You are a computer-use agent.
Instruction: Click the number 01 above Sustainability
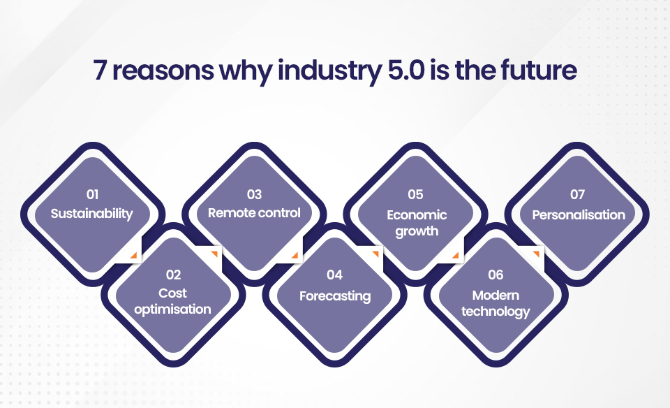pyautogui.click(x=92, y=195)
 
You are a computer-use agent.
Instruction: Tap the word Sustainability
pyautogui.click(x=92, y=213)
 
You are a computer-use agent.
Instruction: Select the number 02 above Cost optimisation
pyautogui.click(x=173, y=275)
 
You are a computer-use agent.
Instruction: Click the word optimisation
pyautogui.click(x=172, y=309)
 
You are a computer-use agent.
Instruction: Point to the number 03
pyautogui.click(x=254, y=195)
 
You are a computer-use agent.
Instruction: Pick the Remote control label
pyautogui.click(x=254, y=213)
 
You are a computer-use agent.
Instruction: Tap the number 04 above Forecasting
pyautogui.click(x=334, y=275)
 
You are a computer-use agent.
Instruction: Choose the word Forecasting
pyautogui.click(x=335, y=296)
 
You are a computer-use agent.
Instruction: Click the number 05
pyautogui.click(x=415, y=195)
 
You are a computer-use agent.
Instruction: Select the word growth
pyautogui.click(x=417, y=231)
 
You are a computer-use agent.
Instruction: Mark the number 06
pyautogui.click(x=496, y=275)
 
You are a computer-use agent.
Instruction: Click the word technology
pyautogui.click(x=496, y=312)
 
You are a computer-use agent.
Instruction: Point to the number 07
pyautogui.click(x=577, y=195)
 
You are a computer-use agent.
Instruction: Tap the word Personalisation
pyautogui.click(x=579, y=214)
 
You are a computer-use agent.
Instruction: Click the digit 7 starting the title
pyautogui.click(x=100, y=71)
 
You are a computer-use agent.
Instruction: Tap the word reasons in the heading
pyautogui.click(x=163, y=72)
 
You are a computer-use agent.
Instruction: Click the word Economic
pyautogui.click(x=417, y=214)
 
